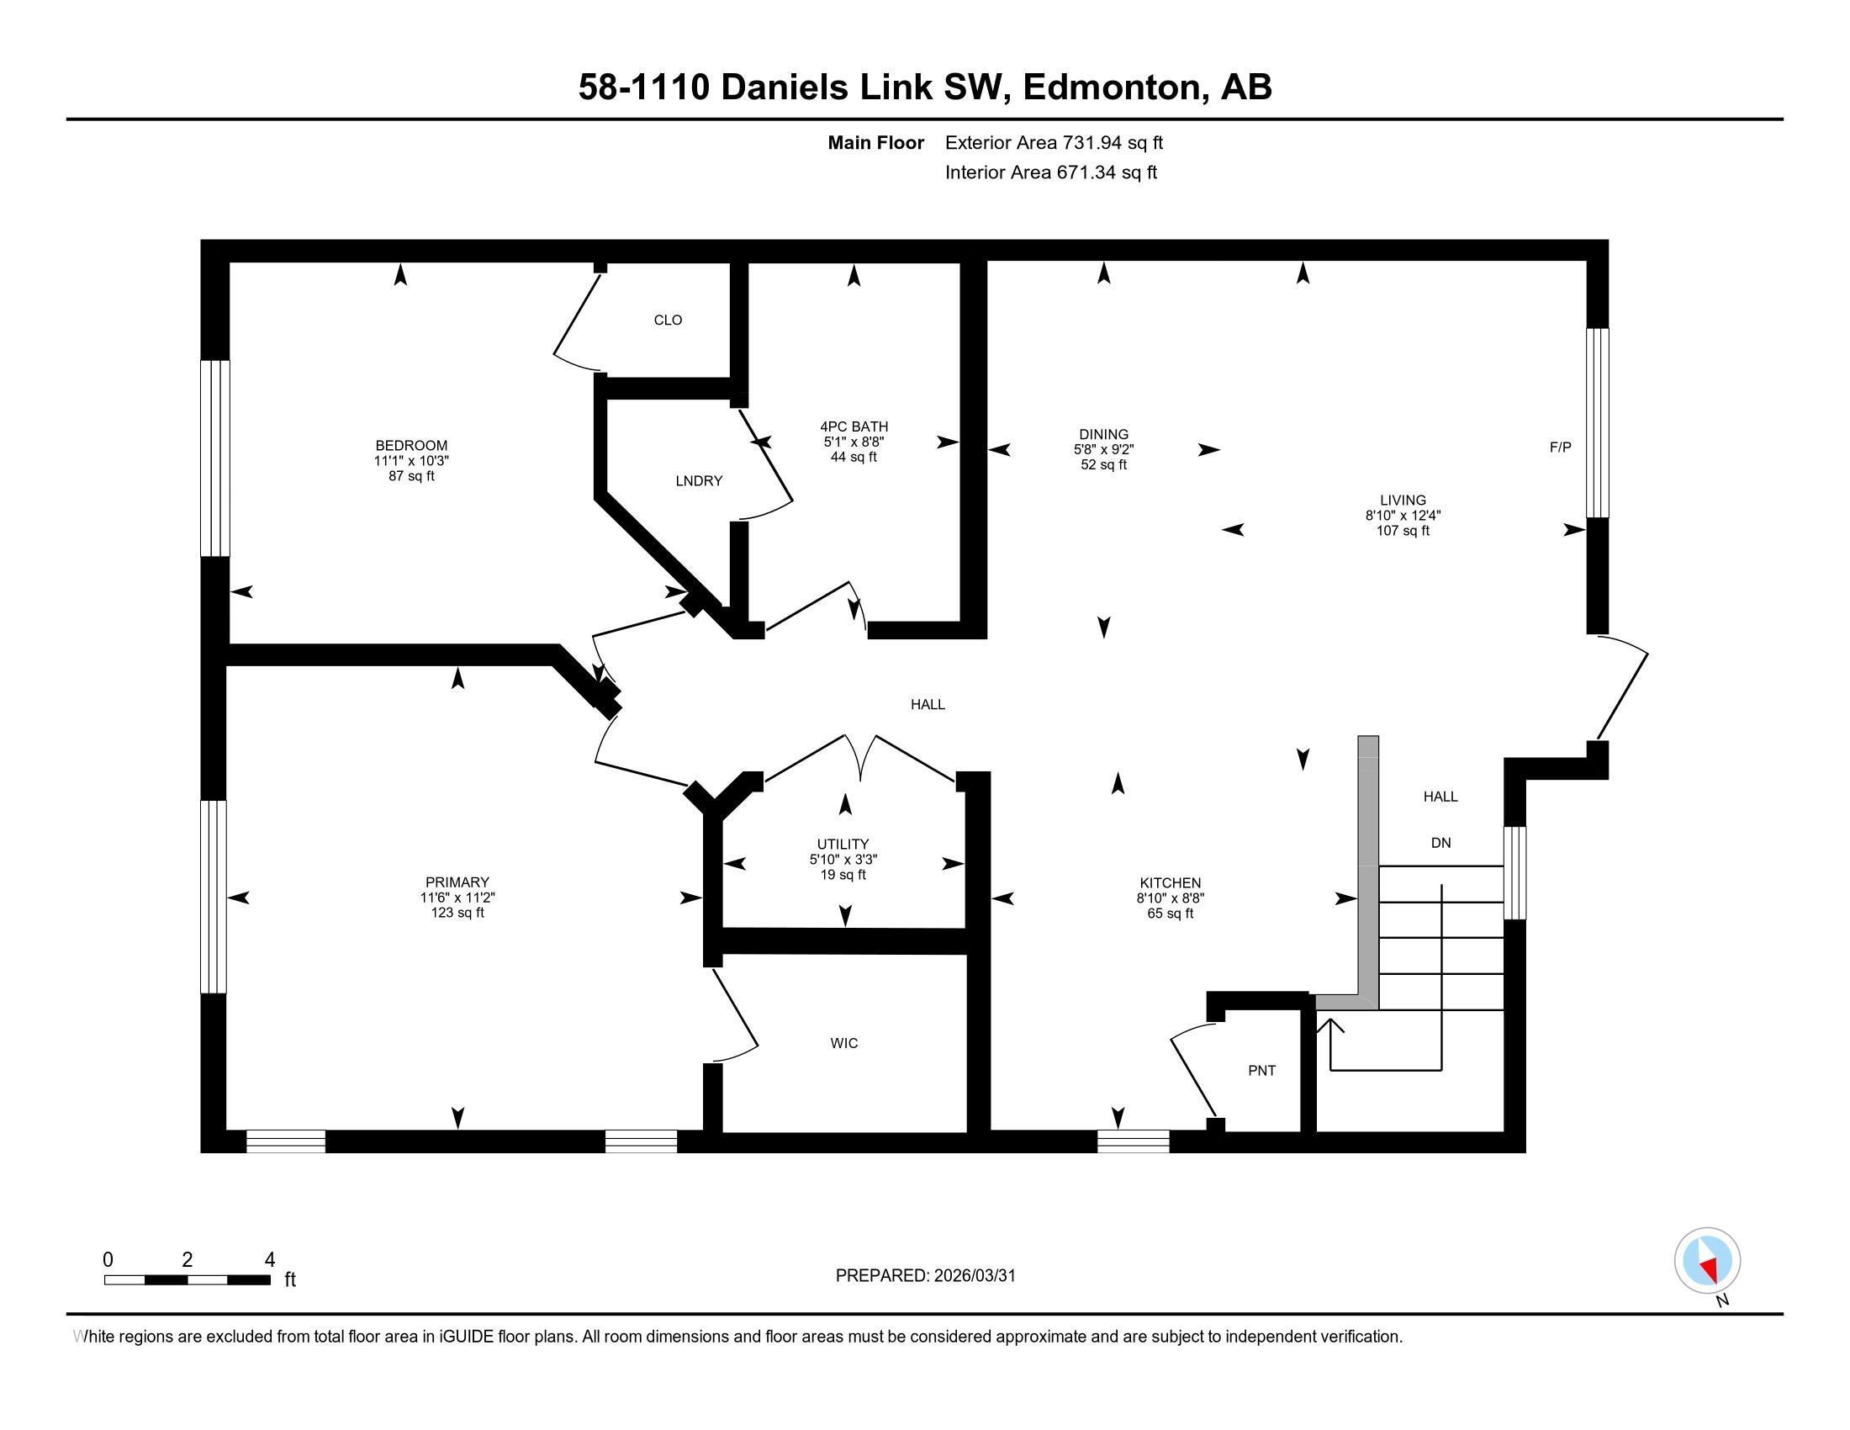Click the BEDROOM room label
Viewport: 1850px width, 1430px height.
[412, 446]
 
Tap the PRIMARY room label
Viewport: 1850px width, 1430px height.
[457, 882]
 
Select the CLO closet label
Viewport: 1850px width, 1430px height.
[669, 320]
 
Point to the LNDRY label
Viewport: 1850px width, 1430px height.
[699, 481]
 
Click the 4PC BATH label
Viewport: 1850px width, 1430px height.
[854, 426]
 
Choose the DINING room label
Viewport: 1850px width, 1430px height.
[1104, 434]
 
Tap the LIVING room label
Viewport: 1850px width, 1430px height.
[1403, 500]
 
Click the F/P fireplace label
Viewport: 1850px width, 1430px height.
[1560, 448]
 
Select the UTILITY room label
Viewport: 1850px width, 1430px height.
[843, 844]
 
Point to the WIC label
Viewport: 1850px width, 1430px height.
[844, 1043]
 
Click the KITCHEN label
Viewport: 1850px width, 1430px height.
[1171, 882]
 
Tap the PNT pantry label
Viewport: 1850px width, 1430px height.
[1262, 1071]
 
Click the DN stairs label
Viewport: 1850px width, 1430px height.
[1440, 843]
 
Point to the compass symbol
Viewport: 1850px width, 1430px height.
[1708, 1260]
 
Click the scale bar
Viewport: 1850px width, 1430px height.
[188, 1279]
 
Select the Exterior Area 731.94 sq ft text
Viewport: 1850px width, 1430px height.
[1054, 142]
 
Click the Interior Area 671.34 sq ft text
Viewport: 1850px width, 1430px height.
[1051, 172]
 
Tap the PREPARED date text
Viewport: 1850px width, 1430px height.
[926, 1275]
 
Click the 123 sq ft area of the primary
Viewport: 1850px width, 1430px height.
[457, 913]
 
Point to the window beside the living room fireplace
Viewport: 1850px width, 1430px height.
[1597, 423]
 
